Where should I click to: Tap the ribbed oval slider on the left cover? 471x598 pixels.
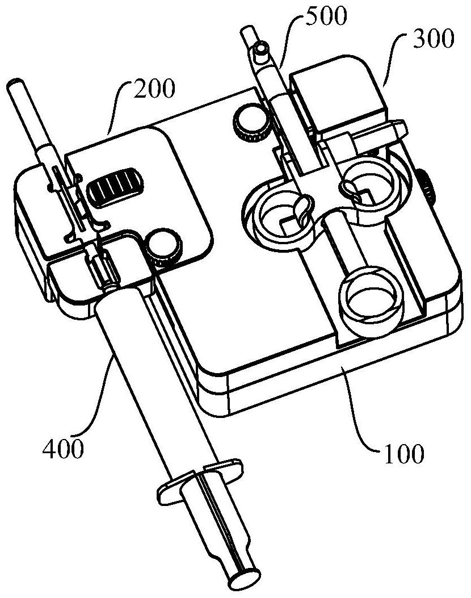pos(114,187)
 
